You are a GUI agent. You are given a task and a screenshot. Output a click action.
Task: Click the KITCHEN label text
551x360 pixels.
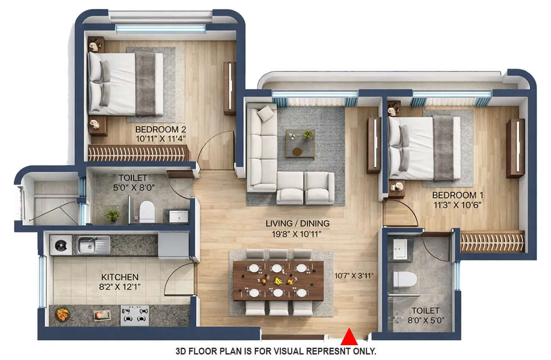pyautogui.click(x=120, y=277)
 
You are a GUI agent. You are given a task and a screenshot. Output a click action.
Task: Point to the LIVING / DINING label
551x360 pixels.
pyautogui.click(x=298, y=223)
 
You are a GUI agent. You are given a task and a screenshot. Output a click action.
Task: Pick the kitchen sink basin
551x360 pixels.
pyautogui.click(x=89, y=244)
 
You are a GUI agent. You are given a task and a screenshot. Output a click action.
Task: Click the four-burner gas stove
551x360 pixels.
pyautogui.click(x=135, y=315)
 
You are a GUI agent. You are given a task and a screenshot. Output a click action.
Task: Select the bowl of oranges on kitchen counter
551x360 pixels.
pyautogui.click(x=63, y=314)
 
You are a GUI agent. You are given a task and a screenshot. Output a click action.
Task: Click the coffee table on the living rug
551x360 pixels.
pyautogui.click(x=300, y=143)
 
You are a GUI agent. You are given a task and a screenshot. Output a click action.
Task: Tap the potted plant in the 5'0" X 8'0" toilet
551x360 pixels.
pyautogui.click(x=113, y=215)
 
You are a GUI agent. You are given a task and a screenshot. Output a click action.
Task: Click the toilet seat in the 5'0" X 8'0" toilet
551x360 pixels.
pyautogui.click(x=147, y=211)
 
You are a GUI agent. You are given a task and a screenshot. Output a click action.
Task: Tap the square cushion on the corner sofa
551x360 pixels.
pyautogui.click(x=267, y=113)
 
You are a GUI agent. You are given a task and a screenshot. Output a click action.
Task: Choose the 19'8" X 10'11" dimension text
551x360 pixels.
pyautogui.click(x=298, y=233)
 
